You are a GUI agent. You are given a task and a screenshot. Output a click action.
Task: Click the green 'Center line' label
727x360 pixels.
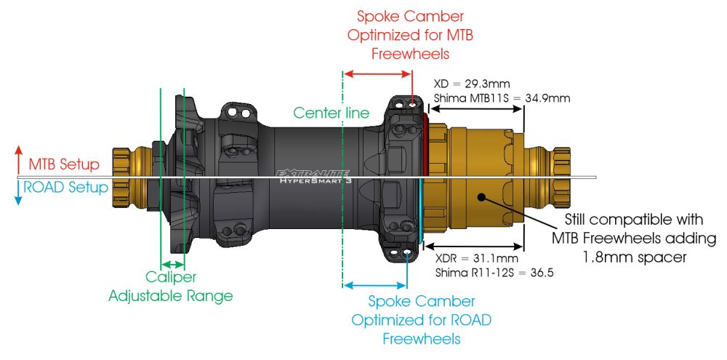331,113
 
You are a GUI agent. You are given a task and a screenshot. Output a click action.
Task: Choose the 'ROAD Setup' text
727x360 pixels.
65,187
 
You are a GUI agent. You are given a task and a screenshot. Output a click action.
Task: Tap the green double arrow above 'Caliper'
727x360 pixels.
172,263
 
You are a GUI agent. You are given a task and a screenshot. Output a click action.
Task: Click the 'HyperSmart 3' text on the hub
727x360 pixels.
317,183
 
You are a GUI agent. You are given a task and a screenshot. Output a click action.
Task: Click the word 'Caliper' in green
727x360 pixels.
171,278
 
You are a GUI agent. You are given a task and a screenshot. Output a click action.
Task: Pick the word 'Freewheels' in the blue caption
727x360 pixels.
421,339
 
